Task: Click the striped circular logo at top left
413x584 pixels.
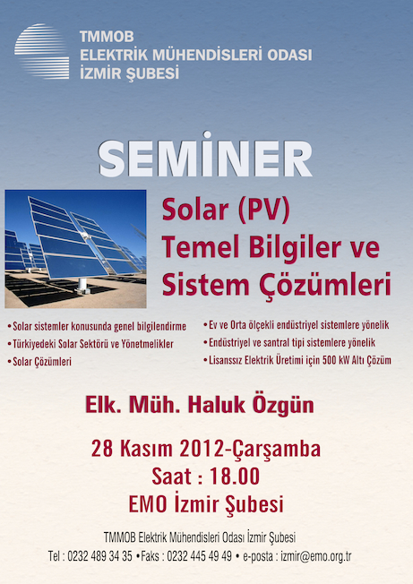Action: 42,51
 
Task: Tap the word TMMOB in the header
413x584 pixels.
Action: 107,37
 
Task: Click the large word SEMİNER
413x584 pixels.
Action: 204,157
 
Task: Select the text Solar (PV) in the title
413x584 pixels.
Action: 226,210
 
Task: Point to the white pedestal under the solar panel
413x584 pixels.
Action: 82,286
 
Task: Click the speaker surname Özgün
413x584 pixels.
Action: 283,405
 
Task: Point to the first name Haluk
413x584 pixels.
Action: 217,405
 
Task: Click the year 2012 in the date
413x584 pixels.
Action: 202,449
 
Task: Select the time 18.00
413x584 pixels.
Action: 235,477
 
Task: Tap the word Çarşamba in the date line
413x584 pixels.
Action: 276,450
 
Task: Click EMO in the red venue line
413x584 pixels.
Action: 148,504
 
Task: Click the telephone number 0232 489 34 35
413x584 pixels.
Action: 99,556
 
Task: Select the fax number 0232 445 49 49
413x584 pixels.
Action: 199,556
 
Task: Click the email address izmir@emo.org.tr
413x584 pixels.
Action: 316,556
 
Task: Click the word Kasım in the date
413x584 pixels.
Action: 146,449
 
